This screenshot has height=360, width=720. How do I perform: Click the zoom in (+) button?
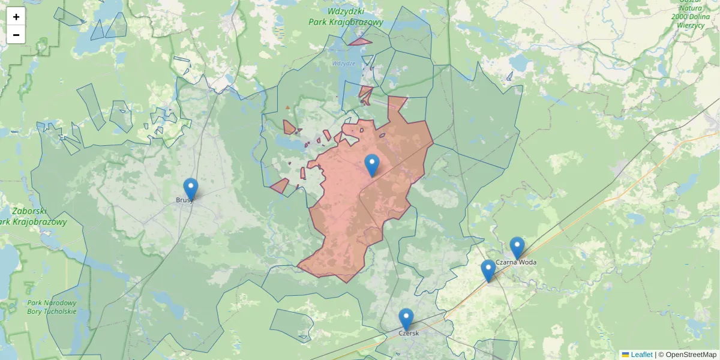coord(16,17)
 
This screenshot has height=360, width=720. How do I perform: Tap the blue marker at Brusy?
coord(191,188)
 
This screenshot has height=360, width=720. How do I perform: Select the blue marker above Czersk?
coord(406,319)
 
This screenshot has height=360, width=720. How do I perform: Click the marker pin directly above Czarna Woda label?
coord(517,247)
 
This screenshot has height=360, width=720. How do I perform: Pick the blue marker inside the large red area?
coord(372,164)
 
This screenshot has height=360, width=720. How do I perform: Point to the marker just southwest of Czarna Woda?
coord(488,270)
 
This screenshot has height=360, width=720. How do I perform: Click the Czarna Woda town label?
coord(516,262)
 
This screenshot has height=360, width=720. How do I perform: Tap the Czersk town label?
coord(408,333)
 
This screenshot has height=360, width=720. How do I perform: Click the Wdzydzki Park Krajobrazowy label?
coord(346,17)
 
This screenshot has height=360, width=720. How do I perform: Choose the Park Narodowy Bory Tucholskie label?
coord(52,307)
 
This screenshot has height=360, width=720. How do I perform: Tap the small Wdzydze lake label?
coord(344,63)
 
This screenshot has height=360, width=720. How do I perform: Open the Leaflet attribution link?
coord(641,355)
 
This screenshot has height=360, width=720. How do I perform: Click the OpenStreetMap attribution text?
coord(691,355)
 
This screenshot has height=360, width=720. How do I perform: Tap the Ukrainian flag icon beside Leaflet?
coord(625,355)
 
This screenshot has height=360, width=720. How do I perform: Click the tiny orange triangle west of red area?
coord(287,107)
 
